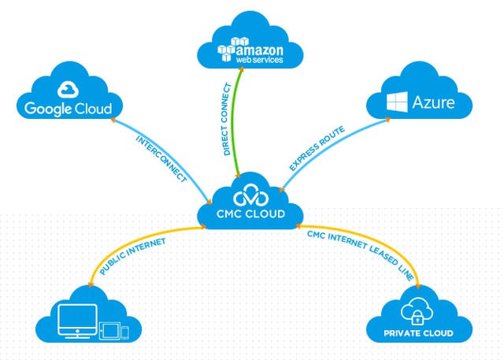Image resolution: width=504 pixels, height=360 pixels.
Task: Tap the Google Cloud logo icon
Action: point(67,88)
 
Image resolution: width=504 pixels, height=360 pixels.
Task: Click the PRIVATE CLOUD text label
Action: point(418,334)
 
